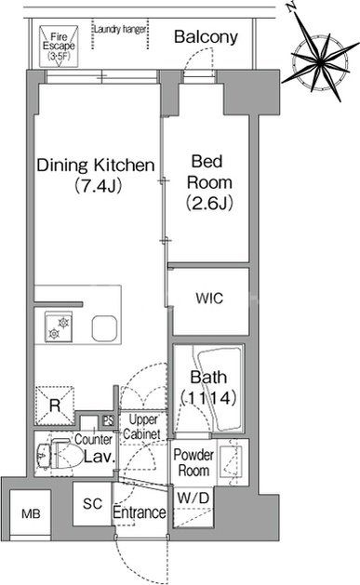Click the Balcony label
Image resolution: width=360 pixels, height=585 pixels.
tap(206, 37)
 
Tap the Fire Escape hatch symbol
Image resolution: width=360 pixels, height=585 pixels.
tap(59, 47)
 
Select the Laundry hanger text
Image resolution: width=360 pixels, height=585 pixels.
tap(120, 29)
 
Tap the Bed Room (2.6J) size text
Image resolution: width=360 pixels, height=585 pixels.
tap(209, 203)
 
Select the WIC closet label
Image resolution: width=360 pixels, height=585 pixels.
tap(209, 299)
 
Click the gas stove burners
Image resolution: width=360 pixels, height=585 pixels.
tap(59, 326)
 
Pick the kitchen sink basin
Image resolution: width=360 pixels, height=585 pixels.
tap(105, 328)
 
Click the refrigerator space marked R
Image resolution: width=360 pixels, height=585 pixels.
tap(55, 406)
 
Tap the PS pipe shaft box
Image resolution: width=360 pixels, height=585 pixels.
tap(109, 420)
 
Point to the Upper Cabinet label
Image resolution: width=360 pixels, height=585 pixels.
tap(142, 427)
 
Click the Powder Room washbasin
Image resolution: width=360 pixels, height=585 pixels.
tap(230, 461)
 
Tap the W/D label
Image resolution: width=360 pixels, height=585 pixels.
tap(193, 498)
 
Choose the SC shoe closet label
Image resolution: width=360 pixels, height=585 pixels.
tap(92, 504)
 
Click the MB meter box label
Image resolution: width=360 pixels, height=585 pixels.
tap(31, 514)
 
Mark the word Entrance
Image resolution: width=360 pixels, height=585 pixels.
tap(140, 512)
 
